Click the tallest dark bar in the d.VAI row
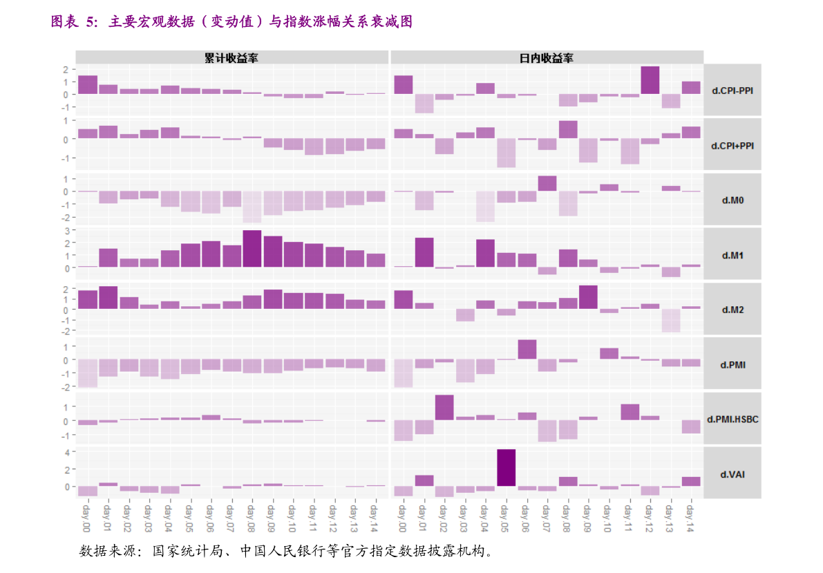(x=506, y=468)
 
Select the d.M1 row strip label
(x=732, y=255)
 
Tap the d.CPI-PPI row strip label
(x=732, y=90)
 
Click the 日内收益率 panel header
(x=546, y=58)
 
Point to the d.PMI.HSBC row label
(x=732, y=419)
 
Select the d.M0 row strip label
(x=732, y=200)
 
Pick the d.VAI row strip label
(x=732, y=474)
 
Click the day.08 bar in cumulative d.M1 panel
(x=252, y=249)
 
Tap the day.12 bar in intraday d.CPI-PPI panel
(x=650, y=80)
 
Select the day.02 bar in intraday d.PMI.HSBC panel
(x=444, y=407)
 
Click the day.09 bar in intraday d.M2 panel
(x=588, y=297)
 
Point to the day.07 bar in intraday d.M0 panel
(x=547, y=183)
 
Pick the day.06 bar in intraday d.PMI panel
(x=527, y=350)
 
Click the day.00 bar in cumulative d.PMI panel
(x=88, y=373)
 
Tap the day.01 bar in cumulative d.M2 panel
(x=108, y=297)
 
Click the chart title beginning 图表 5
(x=231, y=22)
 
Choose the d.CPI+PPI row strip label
(x=732, y=145)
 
